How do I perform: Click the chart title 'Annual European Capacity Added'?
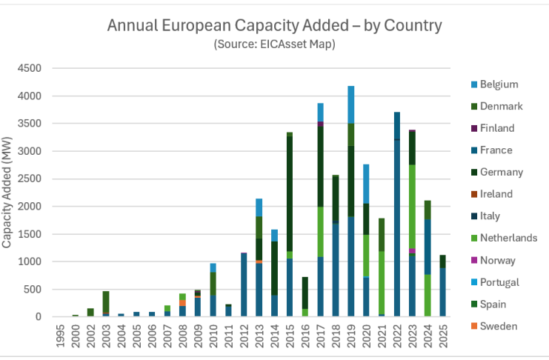[274, 26]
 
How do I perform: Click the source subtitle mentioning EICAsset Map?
[274, 44]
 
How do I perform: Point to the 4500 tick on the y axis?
[32, 69]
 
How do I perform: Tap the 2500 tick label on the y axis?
[32, 179]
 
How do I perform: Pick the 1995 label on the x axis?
[60, 332]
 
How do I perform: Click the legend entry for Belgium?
[499, 84]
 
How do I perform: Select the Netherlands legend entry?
[508, 238]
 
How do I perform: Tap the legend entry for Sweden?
[499, 326]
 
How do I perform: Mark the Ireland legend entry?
[496, 194]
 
